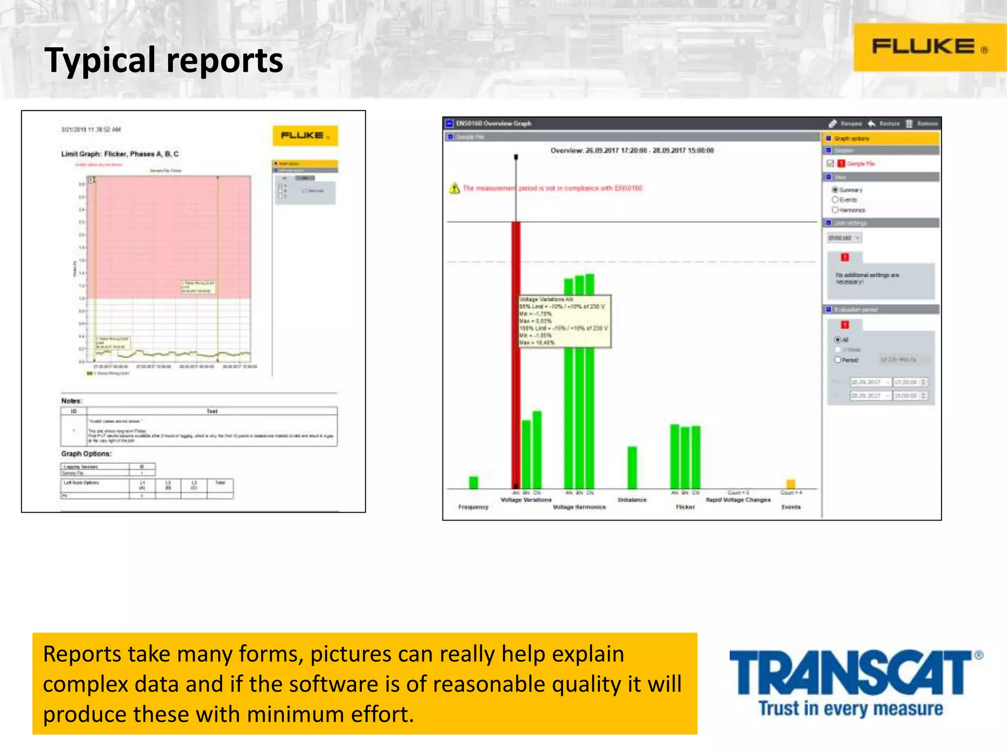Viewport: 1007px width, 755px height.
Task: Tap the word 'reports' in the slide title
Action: [225, 60]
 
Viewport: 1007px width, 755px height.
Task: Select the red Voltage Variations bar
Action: [516, 354]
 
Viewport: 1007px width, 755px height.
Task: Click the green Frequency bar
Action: [474, 482]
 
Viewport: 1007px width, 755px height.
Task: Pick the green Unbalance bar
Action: [632, 467]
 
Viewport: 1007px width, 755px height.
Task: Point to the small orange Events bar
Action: [791, 484]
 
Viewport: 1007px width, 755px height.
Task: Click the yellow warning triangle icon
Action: [454, 188]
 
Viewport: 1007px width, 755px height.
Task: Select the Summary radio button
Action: [835, 190]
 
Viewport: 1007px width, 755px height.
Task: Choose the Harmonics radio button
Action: [835, 210]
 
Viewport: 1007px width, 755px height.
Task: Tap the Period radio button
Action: [837, 360]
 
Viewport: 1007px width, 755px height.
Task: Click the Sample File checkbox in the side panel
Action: [830, 164]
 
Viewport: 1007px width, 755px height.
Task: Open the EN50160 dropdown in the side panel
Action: [844, 238]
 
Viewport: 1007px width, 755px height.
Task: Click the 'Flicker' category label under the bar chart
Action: [685, 507]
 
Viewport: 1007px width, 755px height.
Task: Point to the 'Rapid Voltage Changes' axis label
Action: [738, 500]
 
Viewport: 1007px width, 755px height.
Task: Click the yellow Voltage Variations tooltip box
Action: [564, 321]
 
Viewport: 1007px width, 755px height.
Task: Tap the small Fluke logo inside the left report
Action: [305, 136]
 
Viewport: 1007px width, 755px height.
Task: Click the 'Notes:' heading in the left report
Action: [72, 401]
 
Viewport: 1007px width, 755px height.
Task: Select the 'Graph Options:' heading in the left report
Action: [86, 454]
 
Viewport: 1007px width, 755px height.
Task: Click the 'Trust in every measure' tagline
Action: [851, 709]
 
